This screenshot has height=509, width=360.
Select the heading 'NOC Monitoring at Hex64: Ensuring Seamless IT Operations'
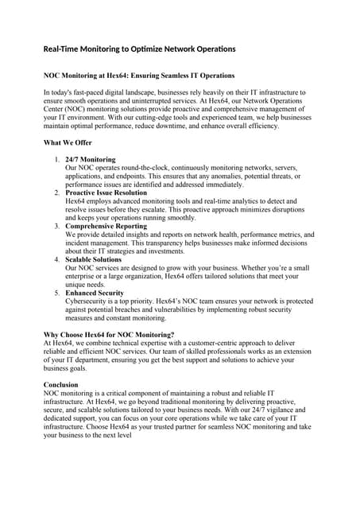tap(138, 76)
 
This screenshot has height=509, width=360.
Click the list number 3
tap(56, 227)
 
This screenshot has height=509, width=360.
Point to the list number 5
tap(56, 293)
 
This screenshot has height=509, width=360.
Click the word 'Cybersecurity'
tap(90, 301)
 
